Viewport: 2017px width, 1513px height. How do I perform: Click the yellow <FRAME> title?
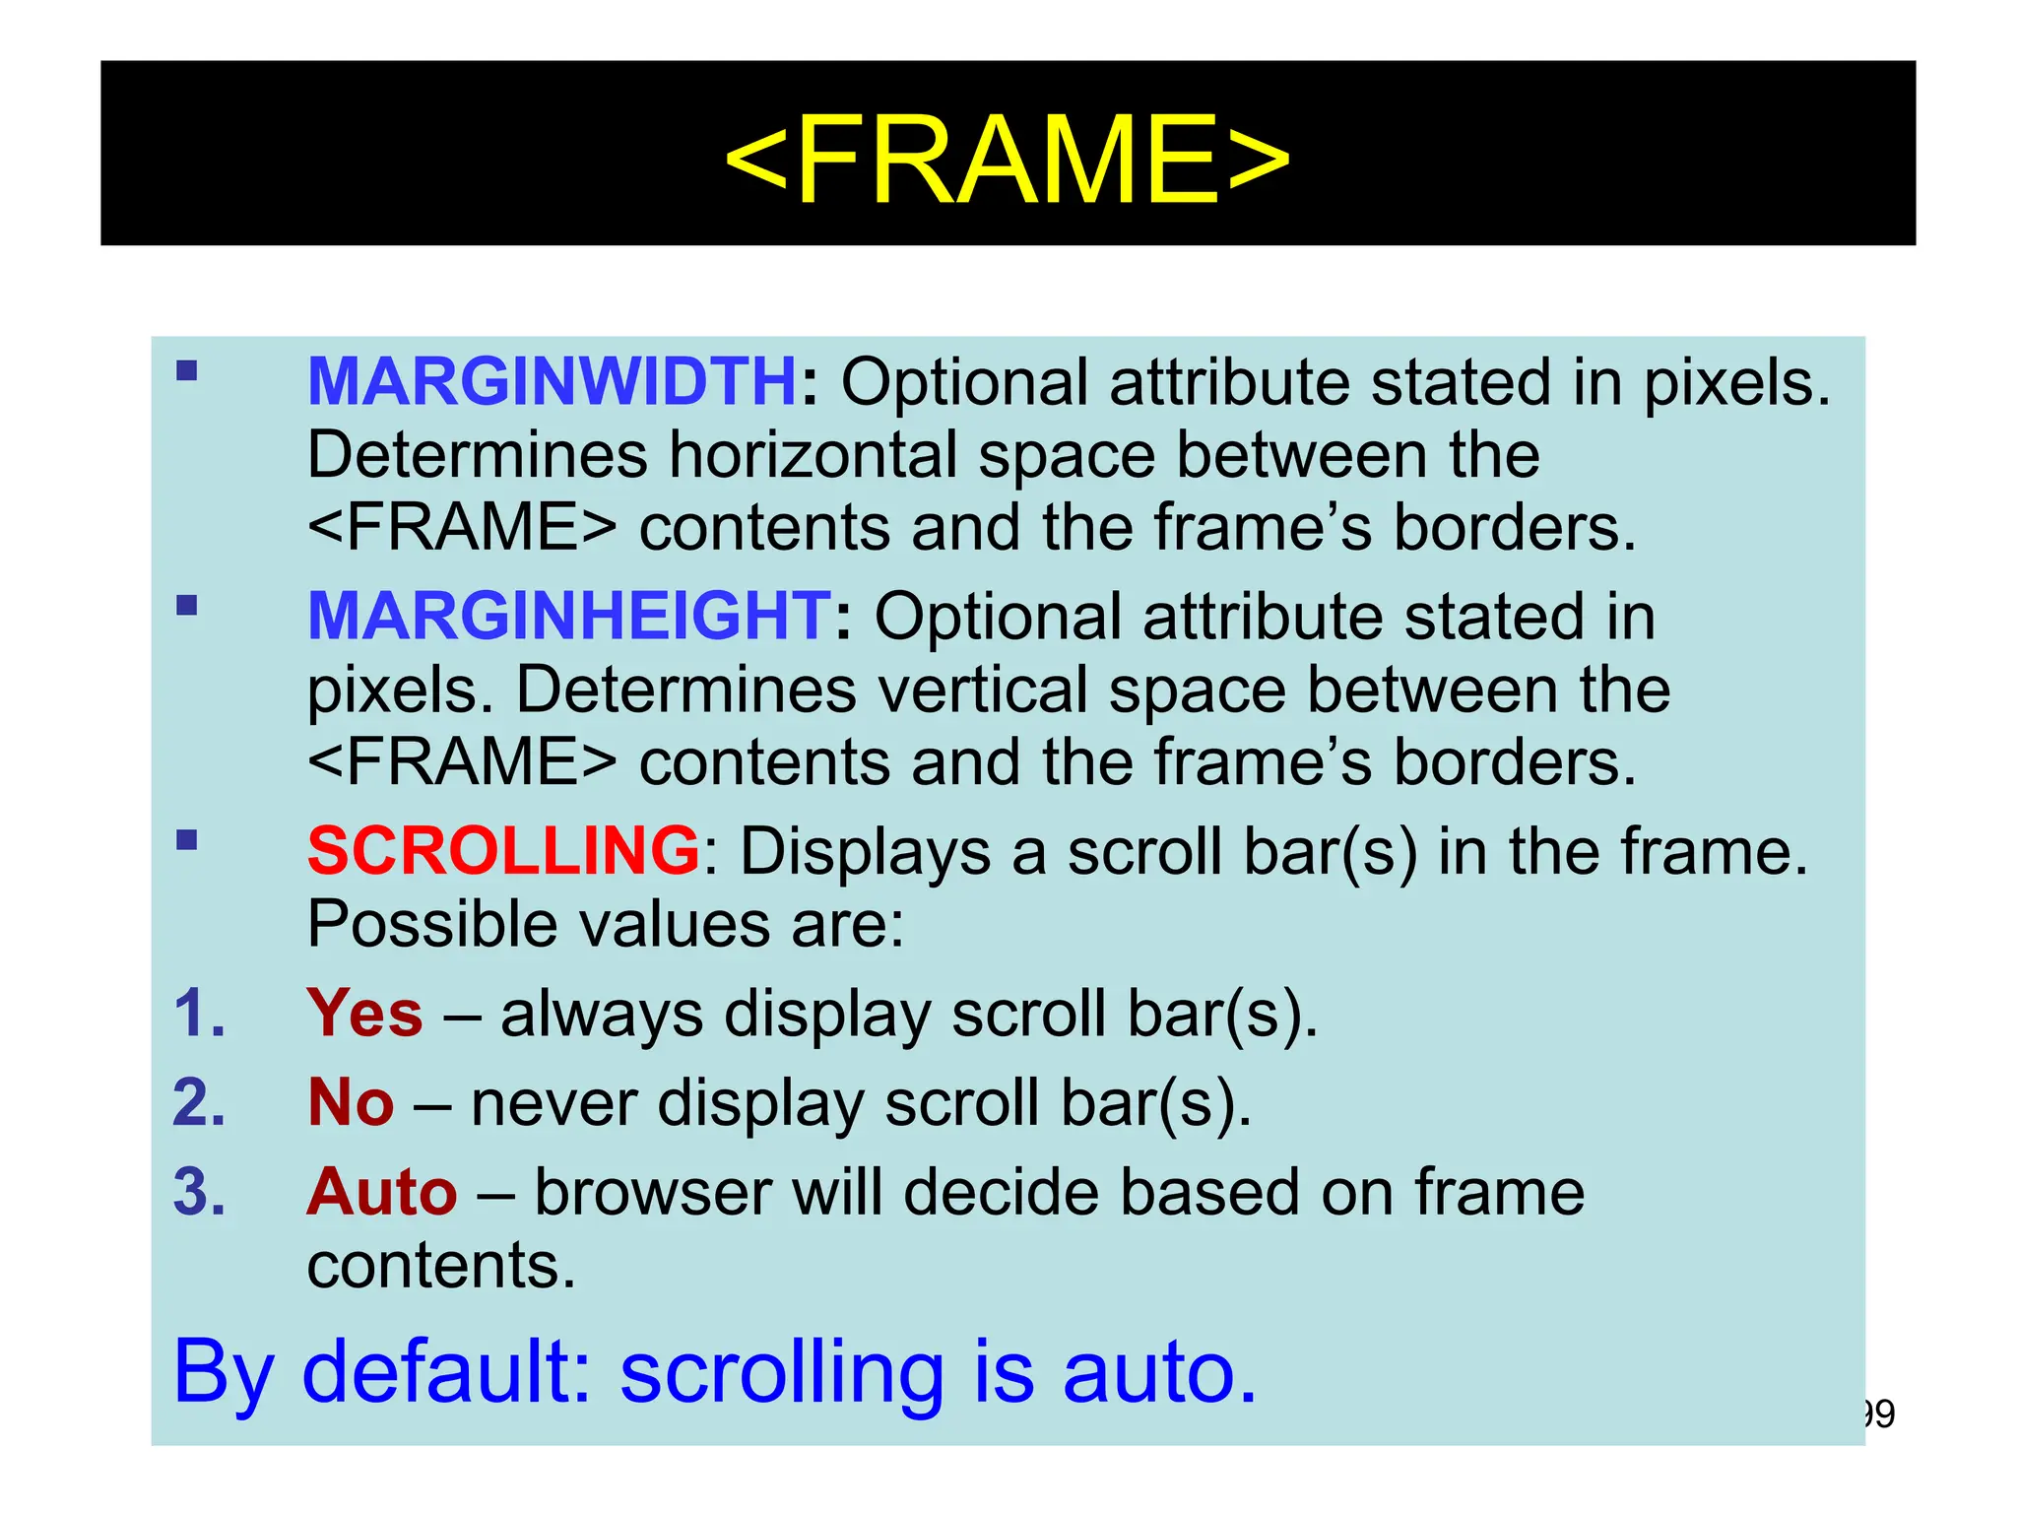1007,160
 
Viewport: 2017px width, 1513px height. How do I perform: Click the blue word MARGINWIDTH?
552,382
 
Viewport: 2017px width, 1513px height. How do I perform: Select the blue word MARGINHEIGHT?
569,617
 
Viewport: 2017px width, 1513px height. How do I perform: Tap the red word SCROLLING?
503,851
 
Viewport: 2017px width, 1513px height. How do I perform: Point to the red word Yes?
364,1014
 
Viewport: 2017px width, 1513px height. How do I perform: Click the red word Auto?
382,1192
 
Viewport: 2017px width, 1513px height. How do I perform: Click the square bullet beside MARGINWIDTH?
187,371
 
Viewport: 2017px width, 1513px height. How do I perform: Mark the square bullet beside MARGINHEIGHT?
187,605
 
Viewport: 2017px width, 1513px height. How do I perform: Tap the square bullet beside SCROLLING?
187,840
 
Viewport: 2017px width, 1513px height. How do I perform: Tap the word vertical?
983,690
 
